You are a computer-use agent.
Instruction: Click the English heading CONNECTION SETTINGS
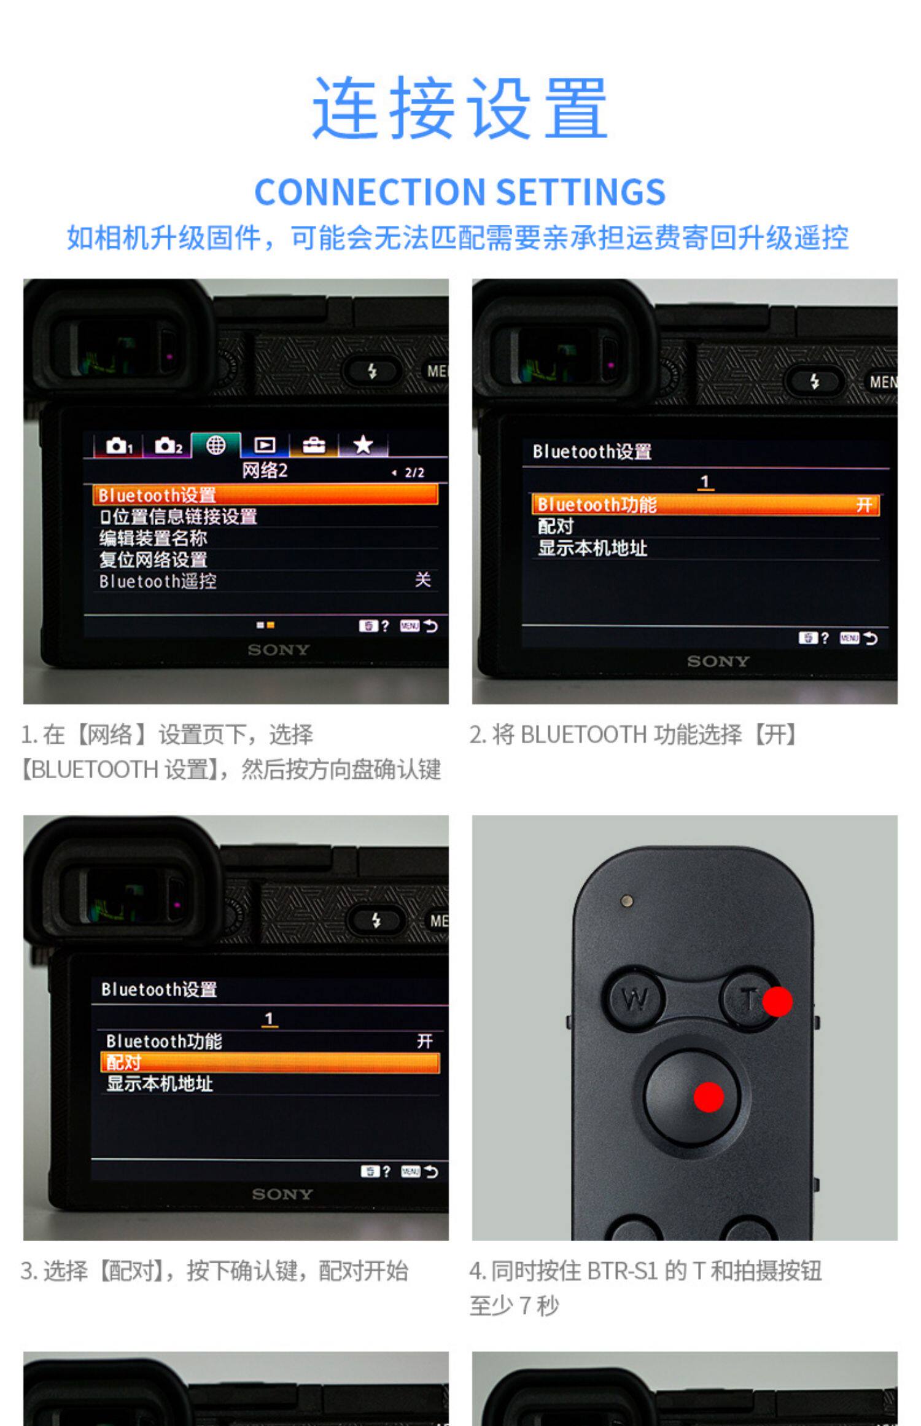coord(460,192)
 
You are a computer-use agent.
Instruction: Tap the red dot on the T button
coord(777,1001)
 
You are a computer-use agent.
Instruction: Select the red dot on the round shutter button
coord(708,1097)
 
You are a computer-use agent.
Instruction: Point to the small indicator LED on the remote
coord(627,901)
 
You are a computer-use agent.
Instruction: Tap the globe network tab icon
coord(216,445)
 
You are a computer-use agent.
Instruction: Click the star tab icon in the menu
coord(363,444)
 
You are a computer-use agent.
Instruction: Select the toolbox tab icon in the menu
coord(314,445)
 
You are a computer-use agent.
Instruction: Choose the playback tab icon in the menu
coord(265,445)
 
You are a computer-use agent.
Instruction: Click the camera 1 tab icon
coord(119,445)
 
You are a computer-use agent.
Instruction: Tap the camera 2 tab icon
coord(168,445)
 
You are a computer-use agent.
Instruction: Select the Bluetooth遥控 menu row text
coord(158,581)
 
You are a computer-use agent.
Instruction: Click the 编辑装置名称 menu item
coord(153,538)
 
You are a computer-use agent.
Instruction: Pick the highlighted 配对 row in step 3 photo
coord(270,1062)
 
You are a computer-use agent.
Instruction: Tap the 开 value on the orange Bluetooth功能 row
coord(864,505)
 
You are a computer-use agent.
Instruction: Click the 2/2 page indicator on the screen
coord(414,472)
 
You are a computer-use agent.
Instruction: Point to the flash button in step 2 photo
coord(815,381)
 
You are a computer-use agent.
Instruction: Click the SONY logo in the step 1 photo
coord(279,650)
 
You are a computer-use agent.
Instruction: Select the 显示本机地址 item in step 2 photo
coord(593,548)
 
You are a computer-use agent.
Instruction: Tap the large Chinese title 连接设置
coord(460,108)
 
